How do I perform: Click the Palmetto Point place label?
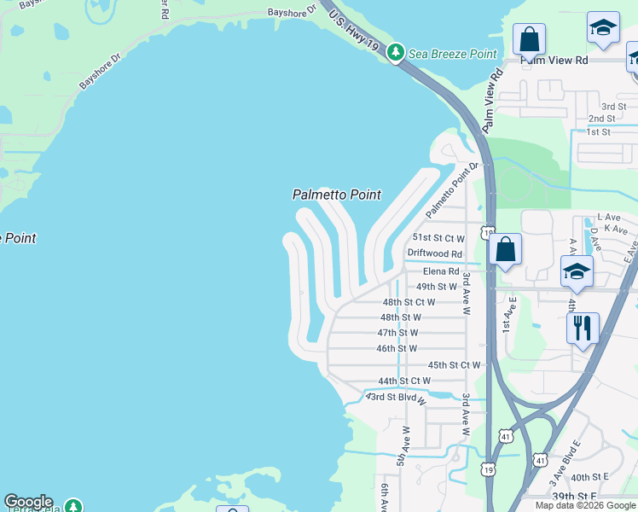[x=336, y=195]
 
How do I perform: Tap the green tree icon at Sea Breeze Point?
[x=395, y=53]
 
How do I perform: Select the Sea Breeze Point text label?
[x=452, y=54]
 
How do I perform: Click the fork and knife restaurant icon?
[x=583, y=327]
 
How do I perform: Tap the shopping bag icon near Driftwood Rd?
[x=505, y=249]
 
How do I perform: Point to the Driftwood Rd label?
[x=434, y=253]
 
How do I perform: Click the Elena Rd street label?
[x=441, y=271]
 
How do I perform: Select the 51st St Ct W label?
[x=438, y=238]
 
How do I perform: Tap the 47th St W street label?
[x=397, y=333]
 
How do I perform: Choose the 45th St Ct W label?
[x=454, y=364]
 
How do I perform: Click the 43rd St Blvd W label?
[x=396, y=398]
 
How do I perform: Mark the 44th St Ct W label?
[x=404, y=381]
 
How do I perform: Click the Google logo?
[x=28, y=502]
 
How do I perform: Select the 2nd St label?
[x=601, y=119]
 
